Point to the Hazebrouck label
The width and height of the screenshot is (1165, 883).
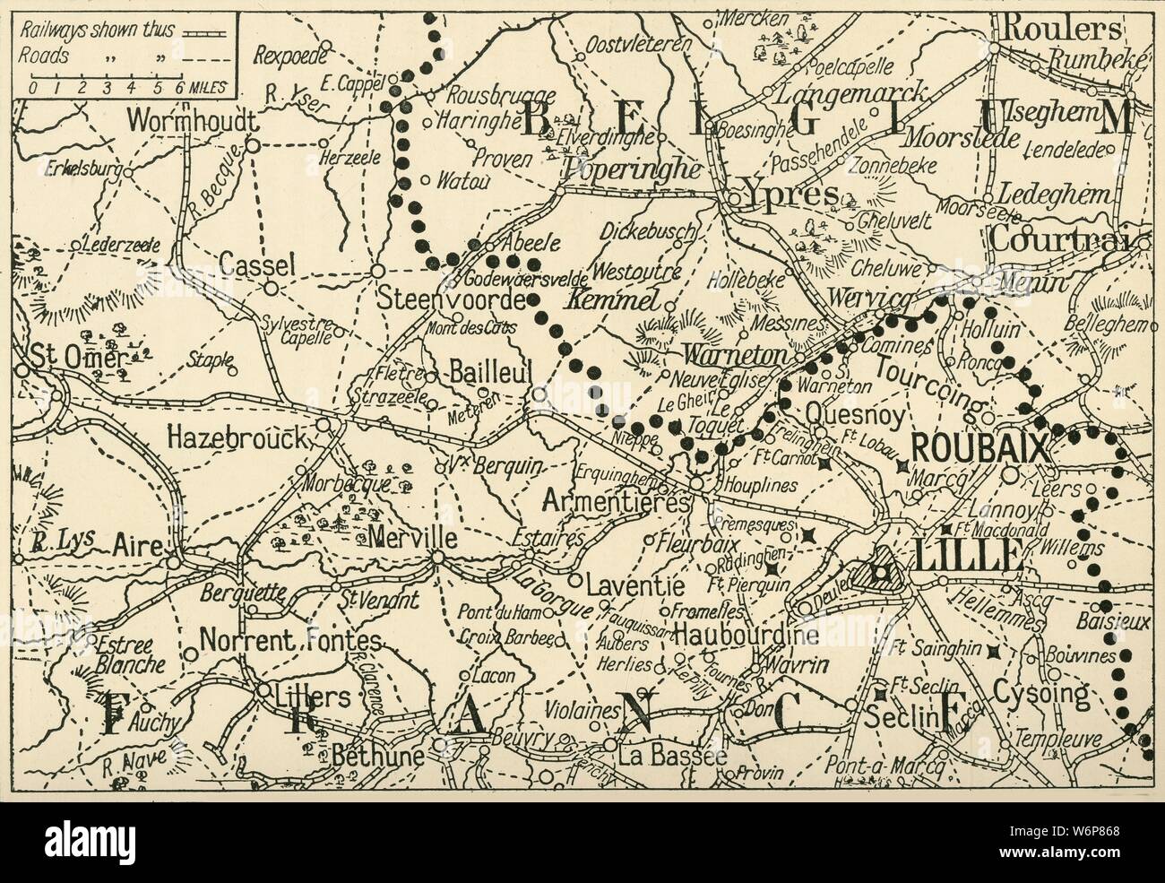pos(237,437)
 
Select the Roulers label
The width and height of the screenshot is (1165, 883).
pos(1060,29)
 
